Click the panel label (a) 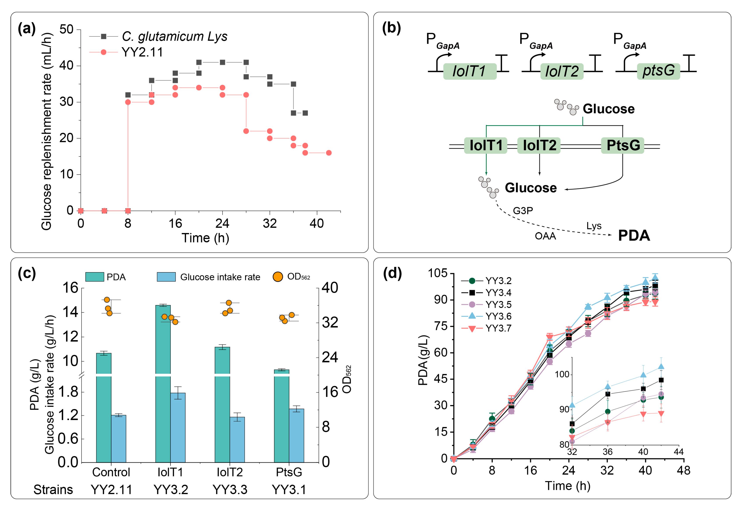(x=27, y=29)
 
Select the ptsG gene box (x=659, y=71)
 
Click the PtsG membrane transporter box (x=622, y=145)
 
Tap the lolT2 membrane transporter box (x=539, y=145)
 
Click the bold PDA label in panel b (x=634, y=236)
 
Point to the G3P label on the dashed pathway (x=523, y=211)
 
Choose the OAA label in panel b (x=545, y=236)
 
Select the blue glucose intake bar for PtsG (x=296, y=435)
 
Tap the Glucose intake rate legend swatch (x=166, y=277)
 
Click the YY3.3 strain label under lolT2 (x=230, y=489)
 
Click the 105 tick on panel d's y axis (x=438, y=273)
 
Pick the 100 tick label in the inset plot (x=562, y=374)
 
